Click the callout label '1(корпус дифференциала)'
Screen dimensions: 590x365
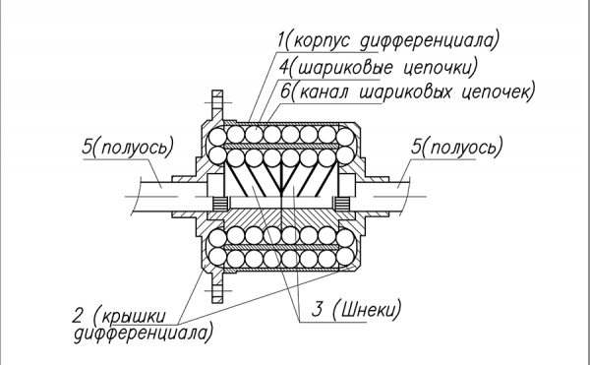[388, 39]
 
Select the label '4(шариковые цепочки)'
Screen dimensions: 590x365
[379, 67]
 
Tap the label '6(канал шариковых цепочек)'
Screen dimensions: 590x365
[407, 91]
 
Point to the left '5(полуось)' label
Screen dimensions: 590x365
[128, 147]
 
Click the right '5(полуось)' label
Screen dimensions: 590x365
[457, 147]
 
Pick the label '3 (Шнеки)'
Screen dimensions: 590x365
[356, 309]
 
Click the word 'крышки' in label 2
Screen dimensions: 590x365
[134, 317]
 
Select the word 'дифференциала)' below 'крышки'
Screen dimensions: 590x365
[144, 333]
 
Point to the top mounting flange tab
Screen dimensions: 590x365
[217, 103]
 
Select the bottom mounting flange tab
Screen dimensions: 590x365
[217, 288]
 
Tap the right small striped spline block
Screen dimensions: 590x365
[342, 204]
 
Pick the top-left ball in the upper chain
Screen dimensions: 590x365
[217, 137]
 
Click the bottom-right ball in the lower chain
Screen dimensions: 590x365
[345, 256]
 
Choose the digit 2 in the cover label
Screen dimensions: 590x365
[77, 316]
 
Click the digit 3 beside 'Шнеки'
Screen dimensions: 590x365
[318, 309]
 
